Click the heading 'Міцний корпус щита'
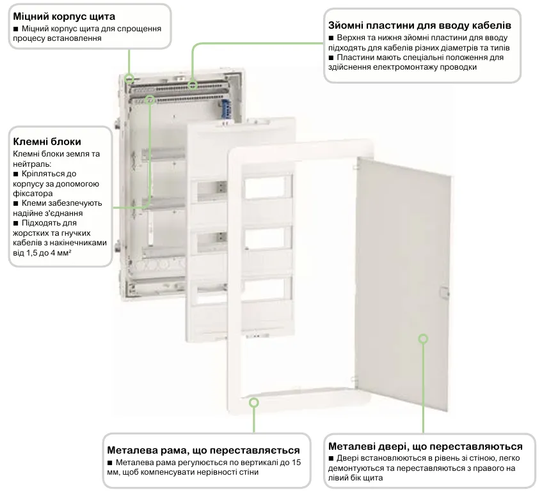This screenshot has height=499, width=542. (x=65, y=15)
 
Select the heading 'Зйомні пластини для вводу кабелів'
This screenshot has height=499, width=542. (x=419, y=26)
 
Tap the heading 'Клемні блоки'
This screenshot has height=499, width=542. (x=47, y=141)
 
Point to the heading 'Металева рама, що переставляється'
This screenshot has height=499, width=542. (x=204, y=449)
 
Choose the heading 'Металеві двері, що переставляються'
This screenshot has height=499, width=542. (x=425, y=446)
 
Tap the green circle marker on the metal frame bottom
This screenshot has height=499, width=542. (x=254, y=402)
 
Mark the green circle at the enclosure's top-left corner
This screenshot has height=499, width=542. (x=130, y=80)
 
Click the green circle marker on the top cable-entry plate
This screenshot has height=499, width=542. (x=193, y=84)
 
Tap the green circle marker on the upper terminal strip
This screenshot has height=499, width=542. (x=151, y=99)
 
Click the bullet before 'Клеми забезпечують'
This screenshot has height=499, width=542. (x=17, y=203)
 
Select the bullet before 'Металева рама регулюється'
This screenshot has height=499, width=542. (x=111, y=463)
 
